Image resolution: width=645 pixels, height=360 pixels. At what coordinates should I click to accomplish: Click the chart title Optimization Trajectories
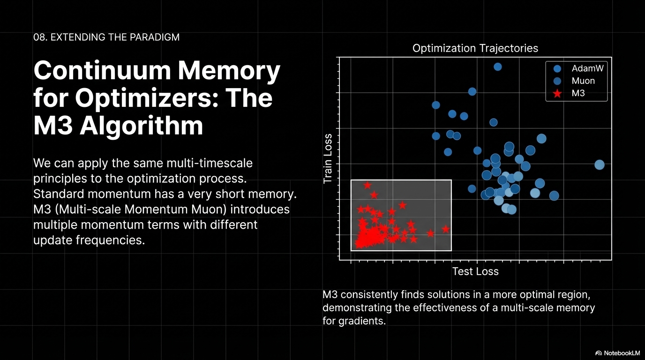475,48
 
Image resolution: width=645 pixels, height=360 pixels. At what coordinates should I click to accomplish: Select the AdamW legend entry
587,68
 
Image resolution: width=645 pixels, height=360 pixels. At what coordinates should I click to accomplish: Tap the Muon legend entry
583,81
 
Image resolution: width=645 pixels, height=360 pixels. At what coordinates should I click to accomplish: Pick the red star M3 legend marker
557,93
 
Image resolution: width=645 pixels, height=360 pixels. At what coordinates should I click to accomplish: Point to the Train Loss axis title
328,158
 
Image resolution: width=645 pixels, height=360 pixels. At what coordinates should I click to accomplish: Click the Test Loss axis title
475,271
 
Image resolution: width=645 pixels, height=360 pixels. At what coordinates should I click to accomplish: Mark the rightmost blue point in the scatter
599,165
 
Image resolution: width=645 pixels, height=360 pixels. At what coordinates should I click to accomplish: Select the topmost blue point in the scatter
498,67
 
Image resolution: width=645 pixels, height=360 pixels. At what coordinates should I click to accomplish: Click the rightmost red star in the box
446,229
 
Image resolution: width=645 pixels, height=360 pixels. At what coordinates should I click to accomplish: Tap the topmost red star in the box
367,186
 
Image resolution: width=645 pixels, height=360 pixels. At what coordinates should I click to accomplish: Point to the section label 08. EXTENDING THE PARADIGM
106,37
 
